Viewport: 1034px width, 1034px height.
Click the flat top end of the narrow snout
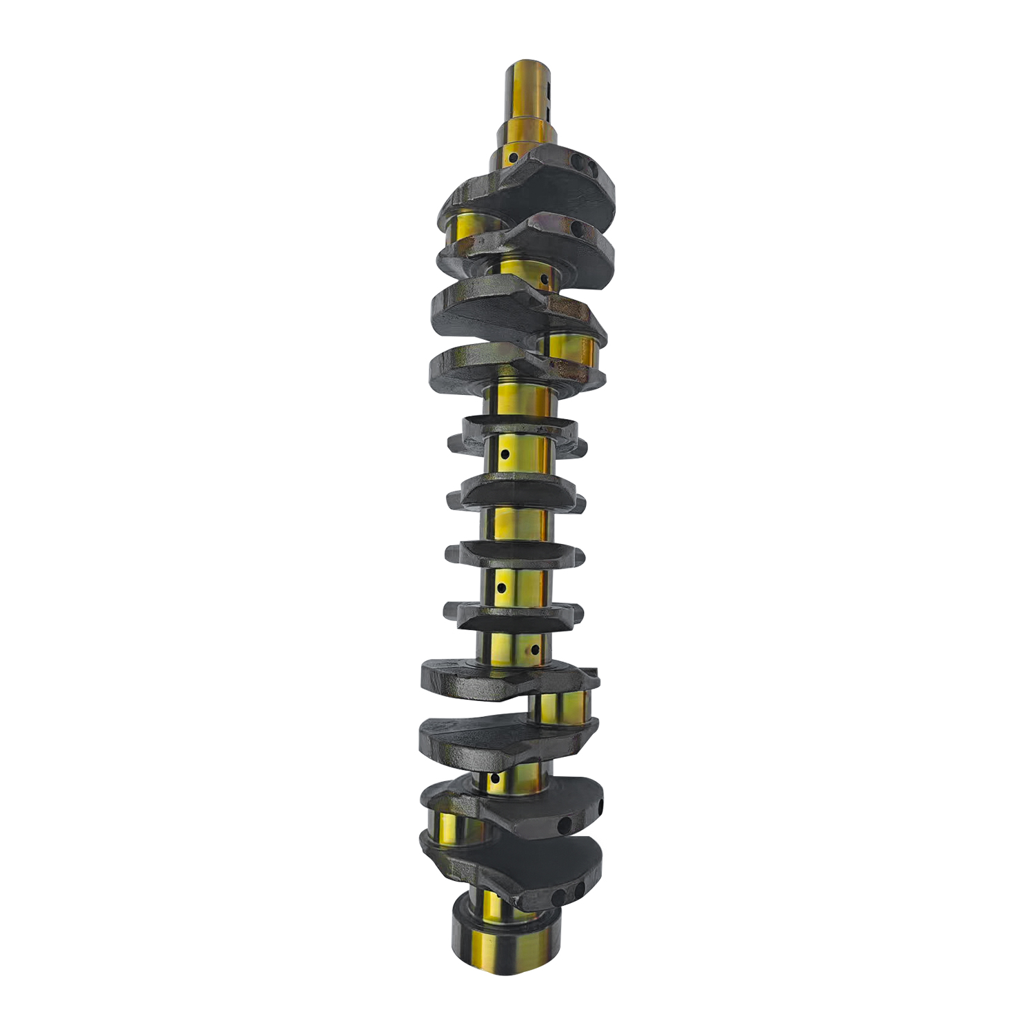pos(529,68)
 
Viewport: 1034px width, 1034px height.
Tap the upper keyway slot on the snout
pos(549,90)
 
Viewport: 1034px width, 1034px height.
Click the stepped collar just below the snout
pos(527,131)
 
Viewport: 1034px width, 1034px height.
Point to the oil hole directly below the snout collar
pos(514,158)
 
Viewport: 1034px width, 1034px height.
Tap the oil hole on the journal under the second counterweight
pos(544,280)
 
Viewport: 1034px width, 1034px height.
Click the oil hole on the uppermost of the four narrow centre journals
pos(505,455)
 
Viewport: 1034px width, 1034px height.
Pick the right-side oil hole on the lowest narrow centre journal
pos(534,649)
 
